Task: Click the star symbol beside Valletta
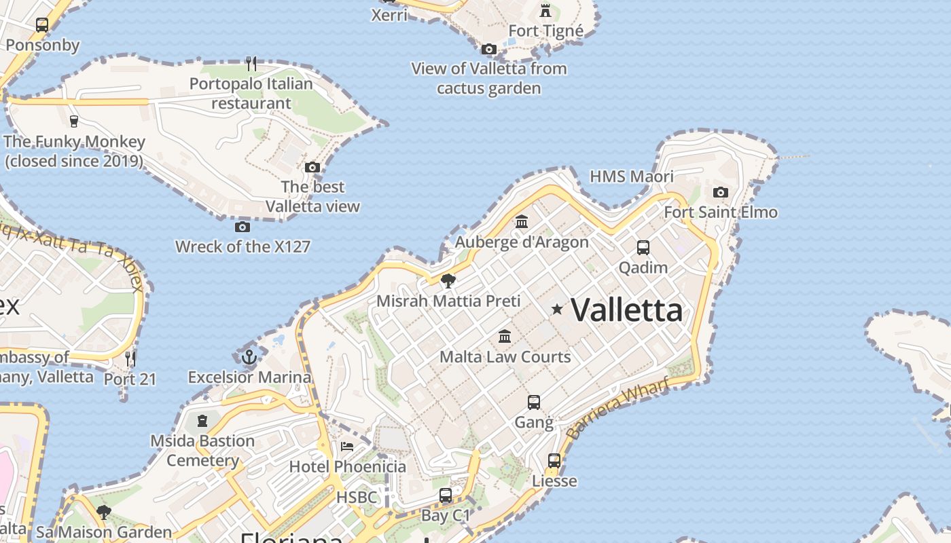[x=557, y=310]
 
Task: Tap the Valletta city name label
[x=626, y=310]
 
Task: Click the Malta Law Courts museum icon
[x=505, y=336]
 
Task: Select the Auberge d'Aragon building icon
[x=522, y=221]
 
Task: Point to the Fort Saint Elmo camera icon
[x=721, y=192]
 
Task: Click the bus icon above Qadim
[x=643, y=248]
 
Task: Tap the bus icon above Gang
[x=534, y=402]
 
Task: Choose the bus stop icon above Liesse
[x=554, y=461]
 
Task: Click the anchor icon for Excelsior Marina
[x=249, y=356]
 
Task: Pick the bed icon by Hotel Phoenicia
[x=347, y=447]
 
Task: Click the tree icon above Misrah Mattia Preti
[x=448, y=280]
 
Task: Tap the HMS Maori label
[x=632, y=176]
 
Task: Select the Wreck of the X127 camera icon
[x=243, y=227]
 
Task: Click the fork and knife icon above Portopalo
[x=251, y=64]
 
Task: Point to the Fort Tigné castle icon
[x=545, y=10]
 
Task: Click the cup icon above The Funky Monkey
[x=74, y=121]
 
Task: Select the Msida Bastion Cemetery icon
[x=202, y=421]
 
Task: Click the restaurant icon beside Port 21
[x=130, y=358]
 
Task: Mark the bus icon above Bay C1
[x=446, y=495]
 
